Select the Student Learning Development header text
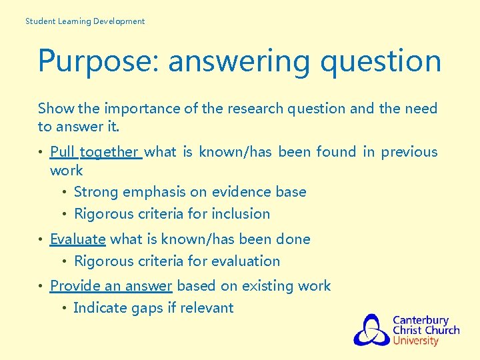point(85,21)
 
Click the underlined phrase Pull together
point(95,152)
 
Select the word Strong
point(96,192)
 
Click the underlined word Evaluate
point(77,239)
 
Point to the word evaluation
point(246,261)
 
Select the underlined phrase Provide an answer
point(111,286)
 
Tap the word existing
point(269,286)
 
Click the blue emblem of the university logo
point(371,330)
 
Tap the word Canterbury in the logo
point(420,321)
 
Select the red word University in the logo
point(415,341)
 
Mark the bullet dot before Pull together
point(41,153)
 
